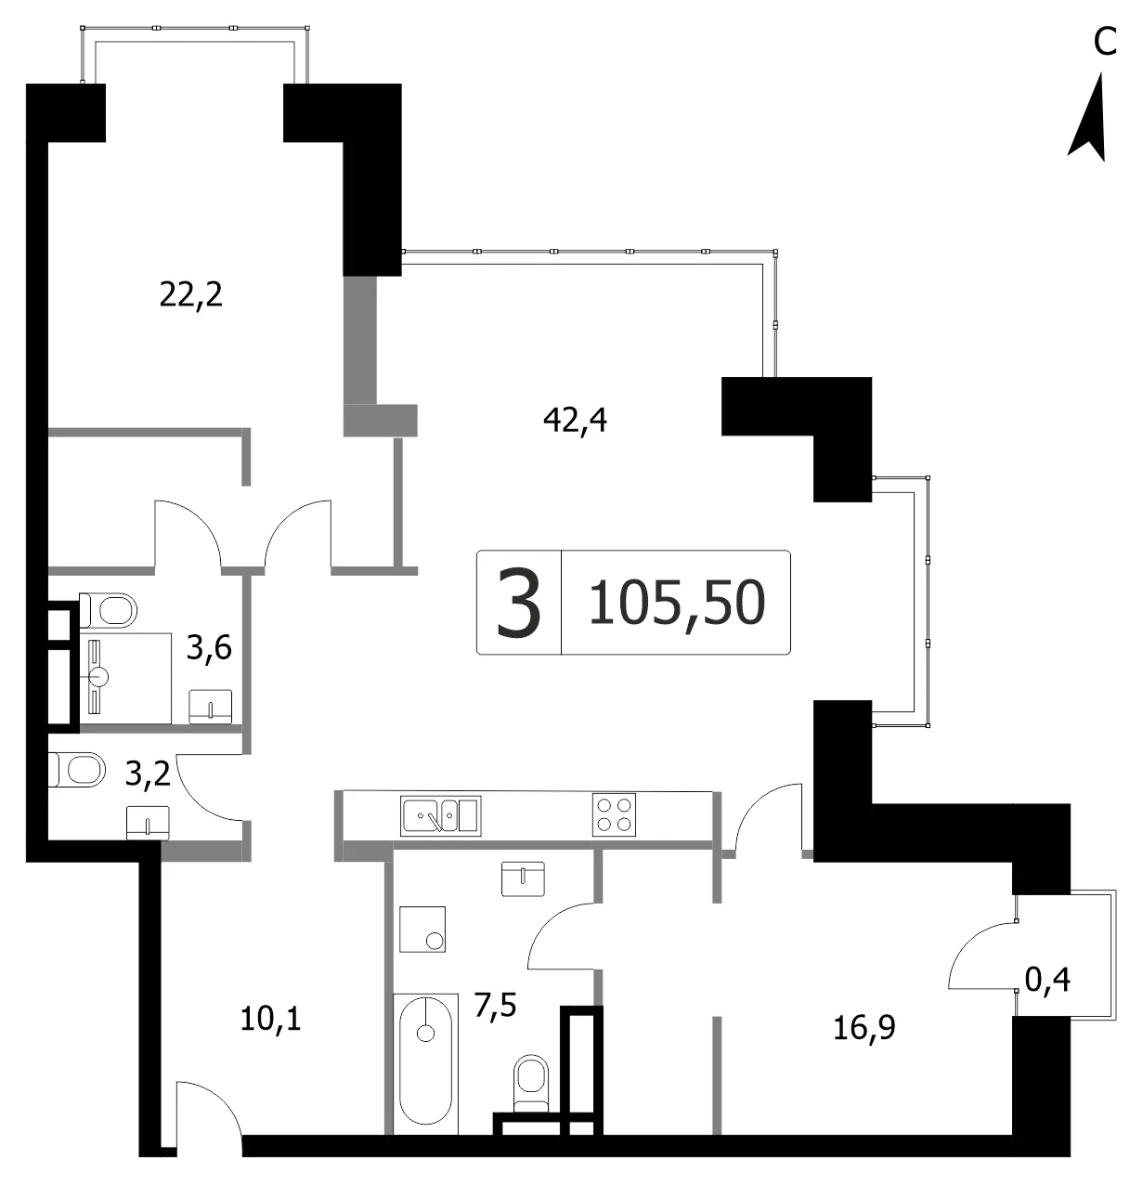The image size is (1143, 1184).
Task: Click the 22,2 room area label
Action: click(x=190, y=295)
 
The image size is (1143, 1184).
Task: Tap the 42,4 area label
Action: click(x=575, y=421)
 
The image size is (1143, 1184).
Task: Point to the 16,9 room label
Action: click(x=864, y=1028)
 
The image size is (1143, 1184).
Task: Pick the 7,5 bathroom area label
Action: click(x=496, y=1005)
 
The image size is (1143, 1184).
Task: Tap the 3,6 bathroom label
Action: click(x=209, y=647)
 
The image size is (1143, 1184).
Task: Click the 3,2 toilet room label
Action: click(x=148, y=774)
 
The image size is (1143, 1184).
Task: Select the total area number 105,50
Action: click(x=677, y=603)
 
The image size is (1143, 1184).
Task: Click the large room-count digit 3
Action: click(x=519, y=603)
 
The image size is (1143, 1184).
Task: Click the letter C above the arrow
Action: click(x=1105, y=43)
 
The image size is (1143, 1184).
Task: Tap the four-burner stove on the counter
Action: click(x=614, y=814)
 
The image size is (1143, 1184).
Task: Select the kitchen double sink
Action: click(x=440, y=815)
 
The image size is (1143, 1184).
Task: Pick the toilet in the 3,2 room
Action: click(x=77, y=769)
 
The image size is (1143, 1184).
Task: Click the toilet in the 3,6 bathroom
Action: click(x=109, y=610)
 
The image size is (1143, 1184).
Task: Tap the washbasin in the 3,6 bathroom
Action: click(x=211, y=707)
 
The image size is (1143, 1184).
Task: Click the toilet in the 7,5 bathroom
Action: click(x=531, y=1085)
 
